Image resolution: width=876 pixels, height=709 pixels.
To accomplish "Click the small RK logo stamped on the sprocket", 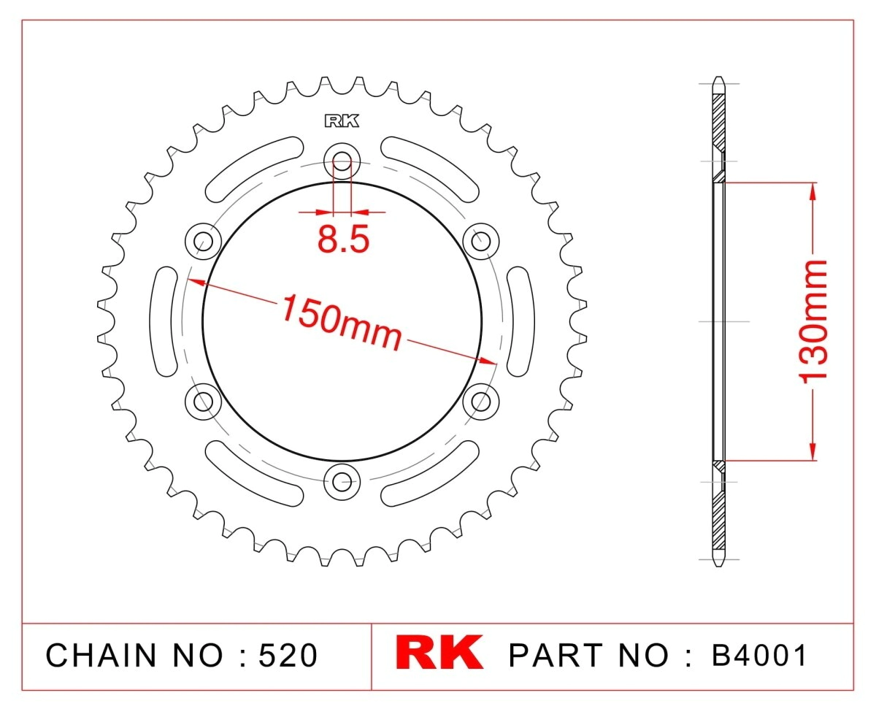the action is point(342,121).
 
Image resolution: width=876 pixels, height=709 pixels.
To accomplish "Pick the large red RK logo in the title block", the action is point(439,653).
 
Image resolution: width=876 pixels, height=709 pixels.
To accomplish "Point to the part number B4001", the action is point(758,655).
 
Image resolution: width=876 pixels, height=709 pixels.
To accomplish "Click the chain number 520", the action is point(288,655).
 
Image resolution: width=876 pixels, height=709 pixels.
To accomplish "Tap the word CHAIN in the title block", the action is point(101,655).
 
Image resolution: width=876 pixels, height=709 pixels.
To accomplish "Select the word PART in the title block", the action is point(556,655).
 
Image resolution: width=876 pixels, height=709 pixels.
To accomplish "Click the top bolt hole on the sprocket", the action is point(342,161).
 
